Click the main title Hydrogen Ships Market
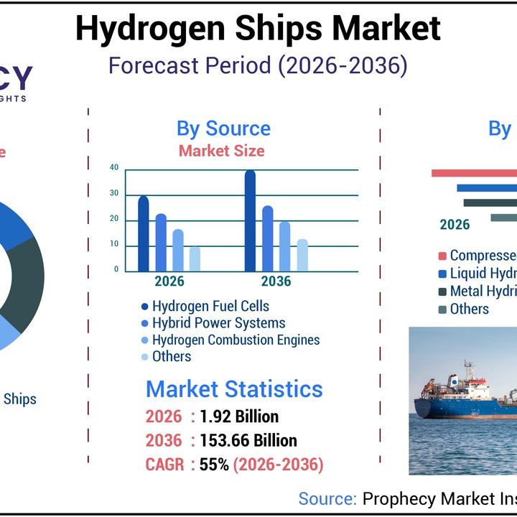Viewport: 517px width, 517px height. pos(258,29)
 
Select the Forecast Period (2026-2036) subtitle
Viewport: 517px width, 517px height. pos(258,66)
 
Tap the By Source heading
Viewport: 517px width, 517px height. pos(223,129)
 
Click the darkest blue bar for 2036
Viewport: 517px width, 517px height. pos(250,221)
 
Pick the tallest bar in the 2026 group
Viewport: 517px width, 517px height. pos(144,234)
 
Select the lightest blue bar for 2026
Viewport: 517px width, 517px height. pos(195,259)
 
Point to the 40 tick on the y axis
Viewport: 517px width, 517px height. pos(114,168)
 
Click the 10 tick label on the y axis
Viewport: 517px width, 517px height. pos(114,245)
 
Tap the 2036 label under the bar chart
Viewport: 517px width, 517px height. pos(276,281)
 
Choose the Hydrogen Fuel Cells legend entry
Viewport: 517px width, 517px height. pos(210,307)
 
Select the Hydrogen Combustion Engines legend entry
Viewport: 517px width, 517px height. pos(236,340)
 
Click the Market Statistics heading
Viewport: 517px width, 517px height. pos(234,389)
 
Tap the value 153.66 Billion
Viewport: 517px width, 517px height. pos(248,440)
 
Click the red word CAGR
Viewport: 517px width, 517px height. pos(165,465)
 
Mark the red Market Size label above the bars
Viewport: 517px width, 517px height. pos(221,151)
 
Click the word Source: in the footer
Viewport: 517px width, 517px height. pos(327,499)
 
